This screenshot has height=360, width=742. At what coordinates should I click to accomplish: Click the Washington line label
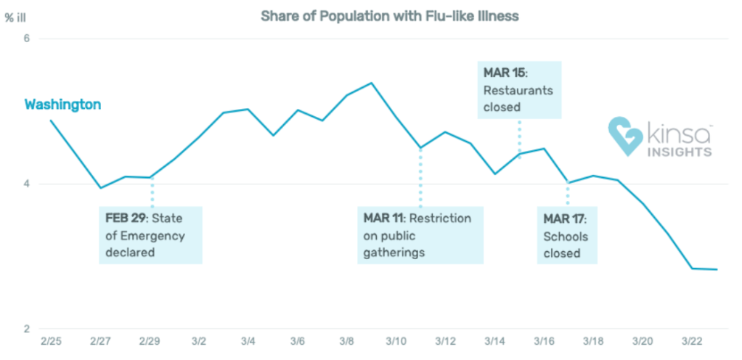(62, 105)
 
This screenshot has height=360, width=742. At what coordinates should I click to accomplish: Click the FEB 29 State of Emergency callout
(150, 235)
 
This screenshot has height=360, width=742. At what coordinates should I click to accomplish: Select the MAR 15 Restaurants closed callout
(520, 90)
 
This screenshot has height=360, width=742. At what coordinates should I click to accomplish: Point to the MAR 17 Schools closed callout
(567, 235)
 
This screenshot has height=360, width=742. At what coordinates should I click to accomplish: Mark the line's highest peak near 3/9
(372, 83)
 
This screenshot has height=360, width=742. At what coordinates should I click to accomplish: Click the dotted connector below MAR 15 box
(520, 136)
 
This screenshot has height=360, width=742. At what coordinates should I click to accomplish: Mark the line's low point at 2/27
(101, 188)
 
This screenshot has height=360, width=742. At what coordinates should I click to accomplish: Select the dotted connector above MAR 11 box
(420, 178)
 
